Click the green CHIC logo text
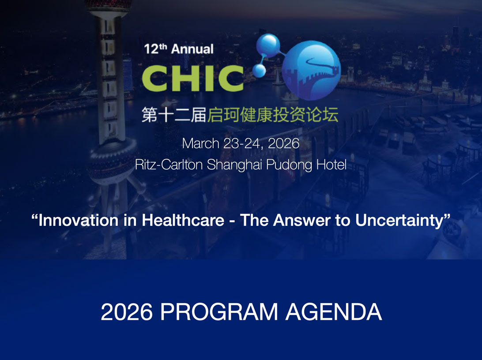click(193, 79)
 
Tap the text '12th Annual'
click(179, 49)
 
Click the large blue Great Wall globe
click(311, 71)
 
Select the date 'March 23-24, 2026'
click(241, 143)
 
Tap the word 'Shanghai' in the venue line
click(234, 165)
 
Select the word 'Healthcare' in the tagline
click(183, 220)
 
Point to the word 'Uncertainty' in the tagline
click(399, 221)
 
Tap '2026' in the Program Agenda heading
click(127, 312)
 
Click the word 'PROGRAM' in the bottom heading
click(219, 312)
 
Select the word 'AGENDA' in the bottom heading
click(334, 312)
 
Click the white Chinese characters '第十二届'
click(173, 115)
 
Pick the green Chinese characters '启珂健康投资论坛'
click(273, 115)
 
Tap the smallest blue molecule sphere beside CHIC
click(259, 71)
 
